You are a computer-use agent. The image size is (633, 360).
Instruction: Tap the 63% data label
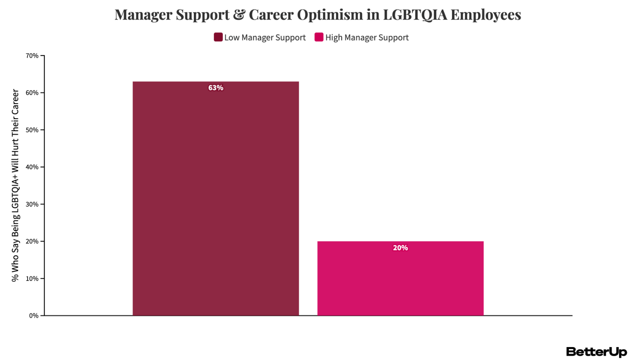[x=216, y=88]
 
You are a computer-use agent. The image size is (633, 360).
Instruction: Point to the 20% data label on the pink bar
[x=400, y=248]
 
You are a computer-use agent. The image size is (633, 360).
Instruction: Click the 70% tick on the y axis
[x=32, y=56]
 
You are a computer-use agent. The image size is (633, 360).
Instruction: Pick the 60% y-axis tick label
[x=32, y=93]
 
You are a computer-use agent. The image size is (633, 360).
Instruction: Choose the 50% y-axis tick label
[x=32, y=130]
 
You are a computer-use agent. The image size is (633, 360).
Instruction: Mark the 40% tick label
[x=32, y=167]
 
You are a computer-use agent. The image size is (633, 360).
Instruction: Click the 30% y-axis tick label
[x=32, y=204]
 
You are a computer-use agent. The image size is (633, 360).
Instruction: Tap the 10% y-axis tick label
[x=32, y=279]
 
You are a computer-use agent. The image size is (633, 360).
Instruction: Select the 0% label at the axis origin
[x=34, y=316]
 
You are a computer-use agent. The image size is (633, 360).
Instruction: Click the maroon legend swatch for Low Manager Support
[x=218, y=37]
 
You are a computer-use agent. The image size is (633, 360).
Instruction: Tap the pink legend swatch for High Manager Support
[x=319, y=37]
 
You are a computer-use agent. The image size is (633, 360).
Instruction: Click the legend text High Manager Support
[x=367, y=38]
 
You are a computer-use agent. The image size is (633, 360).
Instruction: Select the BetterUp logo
[x=596, y=352]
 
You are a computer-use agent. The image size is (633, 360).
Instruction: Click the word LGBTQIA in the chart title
[x=415, y=15]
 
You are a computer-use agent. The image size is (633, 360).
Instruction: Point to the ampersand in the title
[x=239, y=15]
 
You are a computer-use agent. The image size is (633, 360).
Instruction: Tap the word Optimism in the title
[x=330, y=15]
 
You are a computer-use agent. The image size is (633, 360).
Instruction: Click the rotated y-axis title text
[x=15, y=185]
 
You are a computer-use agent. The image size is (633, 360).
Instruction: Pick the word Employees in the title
[x=486, y=15]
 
